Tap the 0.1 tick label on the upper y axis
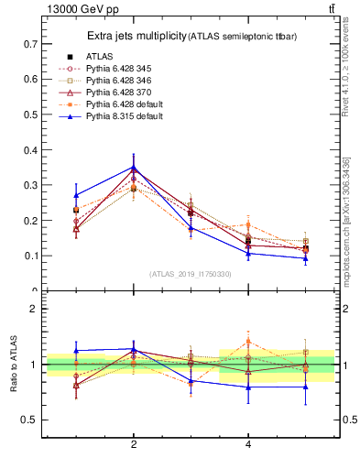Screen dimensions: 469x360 (30, 256)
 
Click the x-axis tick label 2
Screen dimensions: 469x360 (134, 446)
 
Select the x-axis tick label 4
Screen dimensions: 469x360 (248, 446)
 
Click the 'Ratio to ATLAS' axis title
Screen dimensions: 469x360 (14, 365)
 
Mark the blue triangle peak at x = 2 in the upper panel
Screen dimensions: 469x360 (134, 167)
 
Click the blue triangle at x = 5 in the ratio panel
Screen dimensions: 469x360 (306, 387)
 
